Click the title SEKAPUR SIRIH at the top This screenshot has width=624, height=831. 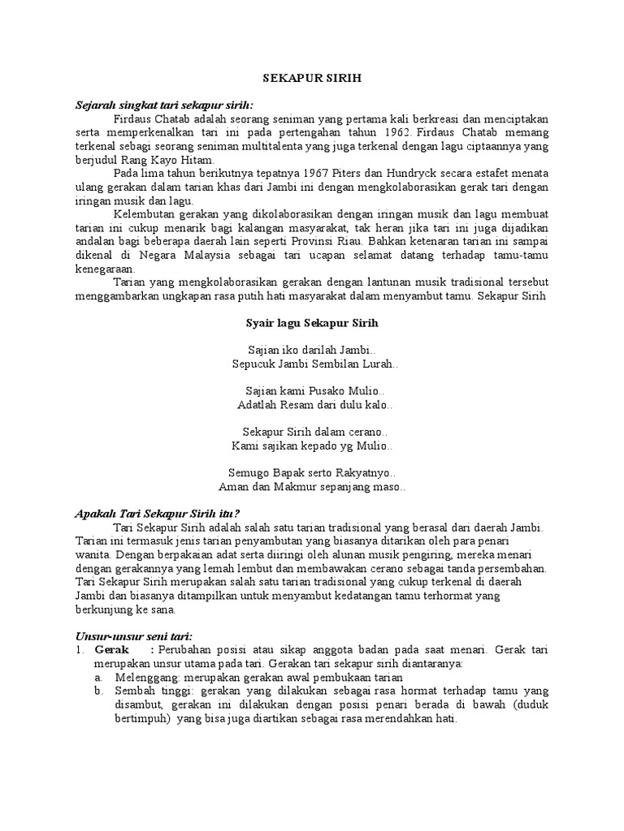(x=312, y=80)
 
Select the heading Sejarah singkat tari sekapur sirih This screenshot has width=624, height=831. (x=165, y=105)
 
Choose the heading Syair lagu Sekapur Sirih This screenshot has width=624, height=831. (x=312, y=322)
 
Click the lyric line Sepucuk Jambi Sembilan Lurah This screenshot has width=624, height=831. (x=312, y=364)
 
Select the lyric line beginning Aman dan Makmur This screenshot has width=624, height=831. (x=312, y=487)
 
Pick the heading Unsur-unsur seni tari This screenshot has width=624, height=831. (x=134, y=636)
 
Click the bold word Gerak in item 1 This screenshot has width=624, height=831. (x=111, y=650)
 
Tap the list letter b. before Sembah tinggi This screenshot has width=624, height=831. (x=98, y=691)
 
